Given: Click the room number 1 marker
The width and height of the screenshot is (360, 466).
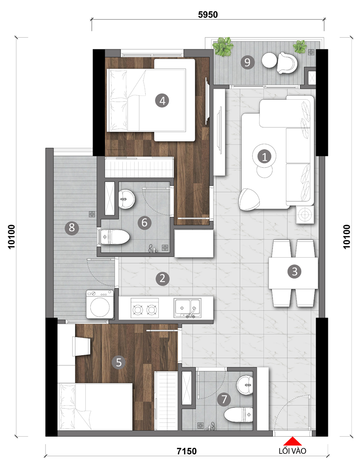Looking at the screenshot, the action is (264, 156).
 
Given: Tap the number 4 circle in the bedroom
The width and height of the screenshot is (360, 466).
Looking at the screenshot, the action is (162, 101).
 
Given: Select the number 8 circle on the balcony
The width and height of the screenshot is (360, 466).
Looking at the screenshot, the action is (72, 228).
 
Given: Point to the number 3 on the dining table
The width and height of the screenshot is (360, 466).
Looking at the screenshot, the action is (294, 271).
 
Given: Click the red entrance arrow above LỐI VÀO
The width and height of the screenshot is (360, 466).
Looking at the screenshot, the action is (292, 441).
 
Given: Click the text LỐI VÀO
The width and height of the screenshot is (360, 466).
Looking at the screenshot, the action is (292, 451).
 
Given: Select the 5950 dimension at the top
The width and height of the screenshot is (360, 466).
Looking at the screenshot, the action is (208, 14).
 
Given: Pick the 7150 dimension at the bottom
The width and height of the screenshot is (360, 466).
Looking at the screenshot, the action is (187, 451).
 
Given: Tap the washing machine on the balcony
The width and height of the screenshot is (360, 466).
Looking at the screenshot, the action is (100, 304).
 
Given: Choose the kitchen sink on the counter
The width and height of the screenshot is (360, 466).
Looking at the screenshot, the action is (187, 308).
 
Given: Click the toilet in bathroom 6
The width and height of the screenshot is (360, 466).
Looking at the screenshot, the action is (115, 237).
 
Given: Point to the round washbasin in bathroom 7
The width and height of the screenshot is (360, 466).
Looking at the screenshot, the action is (245, 385).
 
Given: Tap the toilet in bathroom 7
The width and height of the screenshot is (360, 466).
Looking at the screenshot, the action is (238, 415).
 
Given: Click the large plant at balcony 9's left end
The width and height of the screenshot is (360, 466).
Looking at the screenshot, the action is (223, 46).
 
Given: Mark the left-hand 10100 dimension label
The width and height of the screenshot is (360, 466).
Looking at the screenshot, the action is (11, 237).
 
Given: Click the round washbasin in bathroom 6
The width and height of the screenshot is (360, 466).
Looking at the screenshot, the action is (127, 199).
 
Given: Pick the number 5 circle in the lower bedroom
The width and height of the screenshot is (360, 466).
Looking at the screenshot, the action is (118, 362).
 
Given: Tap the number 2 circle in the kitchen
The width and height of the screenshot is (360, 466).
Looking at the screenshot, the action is (162, 279).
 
